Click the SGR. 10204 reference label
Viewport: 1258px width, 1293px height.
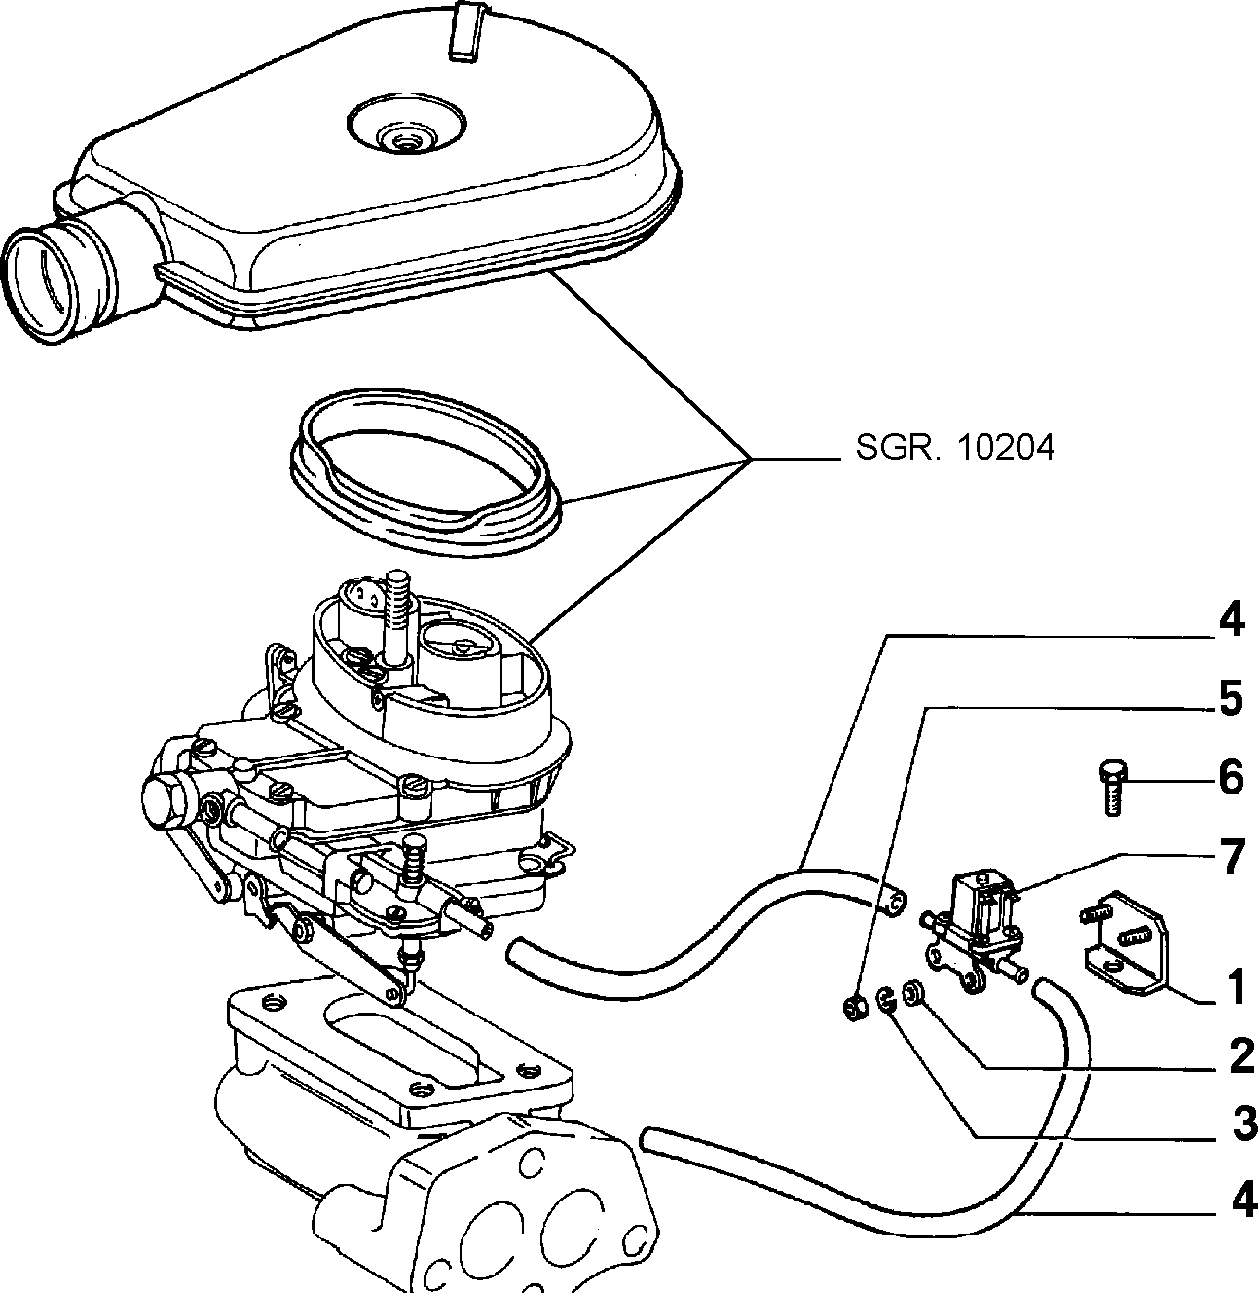954,448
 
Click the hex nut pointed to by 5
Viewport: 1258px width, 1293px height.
855,1009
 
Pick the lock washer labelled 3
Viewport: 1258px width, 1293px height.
885,999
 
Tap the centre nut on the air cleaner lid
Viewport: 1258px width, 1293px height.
403,141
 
